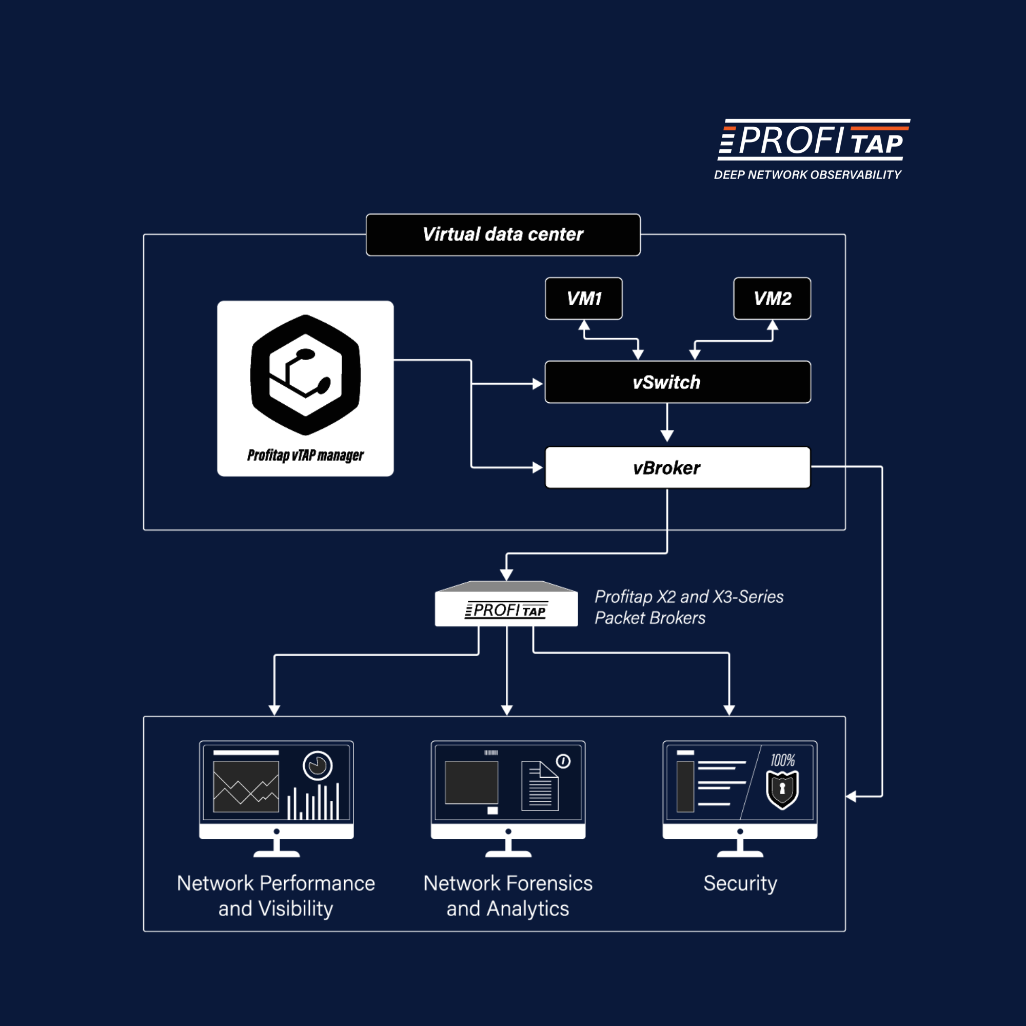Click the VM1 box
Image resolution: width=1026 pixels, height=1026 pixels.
[584, 299]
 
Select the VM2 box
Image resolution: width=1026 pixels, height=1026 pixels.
[772, 299]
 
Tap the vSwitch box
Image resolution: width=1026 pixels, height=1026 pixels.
[678, 382]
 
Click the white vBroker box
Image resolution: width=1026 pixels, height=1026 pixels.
[678, 467]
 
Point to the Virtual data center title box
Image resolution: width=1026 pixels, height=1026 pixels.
[503, 235]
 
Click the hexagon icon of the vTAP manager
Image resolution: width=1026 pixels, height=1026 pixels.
[305, 375]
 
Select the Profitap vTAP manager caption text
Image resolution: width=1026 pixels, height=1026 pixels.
[305, 455]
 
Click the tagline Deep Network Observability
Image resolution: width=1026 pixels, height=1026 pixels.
[807, 175]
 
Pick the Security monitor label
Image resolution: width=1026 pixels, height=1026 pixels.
[740, 883]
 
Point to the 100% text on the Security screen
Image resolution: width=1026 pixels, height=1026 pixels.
[783, 760]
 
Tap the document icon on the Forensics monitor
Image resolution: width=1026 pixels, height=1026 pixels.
[540, 786]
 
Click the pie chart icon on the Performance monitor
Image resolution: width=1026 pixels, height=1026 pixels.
[318, 766]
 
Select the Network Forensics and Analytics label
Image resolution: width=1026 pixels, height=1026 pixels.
[508, 896]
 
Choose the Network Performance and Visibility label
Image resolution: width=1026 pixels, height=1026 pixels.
[275, 896]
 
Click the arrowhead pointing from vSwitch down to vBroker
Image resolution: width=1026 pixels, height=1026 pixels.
[667, 436]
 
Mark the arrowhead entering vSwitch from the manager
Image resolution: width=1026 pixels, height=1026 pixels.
[538, 384]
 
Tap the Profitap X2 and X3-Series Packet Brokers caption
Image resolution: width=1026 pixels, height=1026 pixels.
[689, 607]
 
